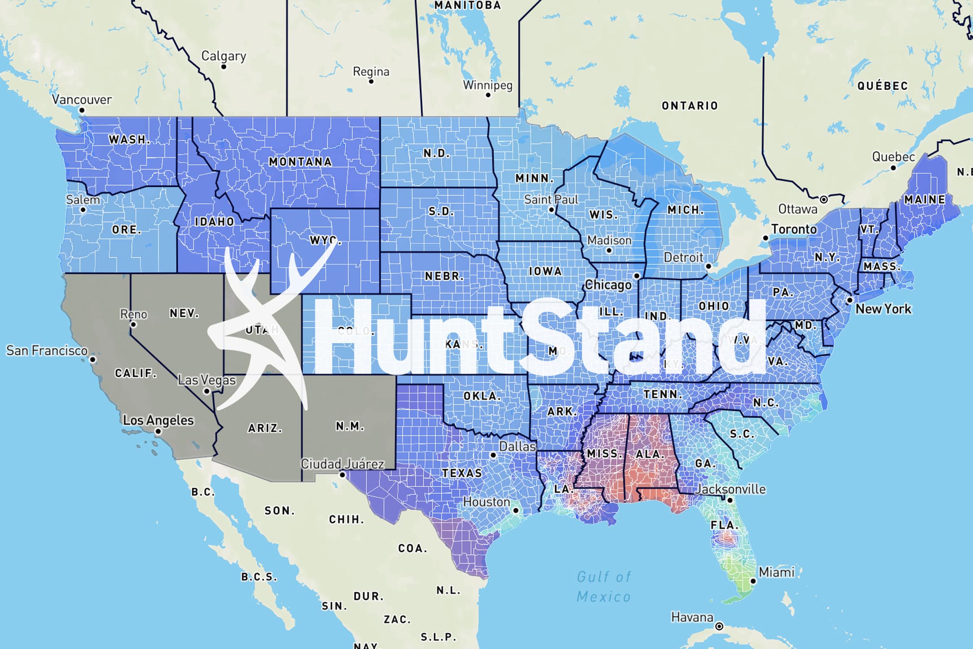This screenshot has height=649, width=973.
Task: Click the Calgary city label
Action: pyautogui.click(x=224, y=56)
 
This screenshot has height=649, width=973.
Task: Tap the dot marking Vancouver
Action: pyautogui.click(x=82, y=110)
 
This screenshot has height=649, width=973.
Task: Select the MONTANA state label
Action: pyautogui.click(x=300, y=162)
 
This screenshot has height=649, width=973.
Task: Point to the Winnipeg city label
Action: pyautogui.click(x=487, y=85)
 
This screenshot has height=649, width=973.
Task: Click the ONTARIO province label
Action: pyautogui.click(x=690, y=106)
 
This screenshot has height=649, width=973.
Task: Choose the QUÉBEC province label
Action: pyautogui.click(x=883, y=86)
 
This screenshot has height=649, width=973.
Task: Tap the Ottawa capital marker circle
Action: pyautogui.click(x=823, y=199)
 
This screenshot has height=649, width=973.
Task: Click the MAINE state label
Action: pyautogui.click(x=925, y=199)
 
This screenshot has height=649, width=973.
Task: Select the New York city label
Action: pyautogui.click(x=883, y=309)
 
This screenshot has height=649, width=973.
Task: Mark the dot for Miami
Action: pyautogui.click(x=753, y=581)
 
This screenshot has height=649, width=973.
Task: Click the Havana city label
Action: pyautogui.click(x=692, y=618)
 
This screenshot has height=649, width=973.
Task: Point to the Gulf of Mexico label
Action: pyautogui.click(x=604, y=586)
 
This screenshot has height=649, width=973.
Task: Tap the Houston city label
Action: pyautogui.click(x=486, y=502)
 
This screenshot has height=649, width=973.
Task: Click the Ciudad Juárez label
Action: pyautogui.click(x=342, y=464)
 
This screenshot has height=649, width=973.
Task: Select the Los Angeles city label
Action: pyautogui.click(x=158, y=420)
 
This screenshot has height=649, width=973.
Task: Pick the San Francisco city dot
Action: pyautogui.click(x=93, y=359)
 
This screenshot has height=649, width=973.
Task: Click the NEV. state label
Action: pyautogui.click(x=184, y=313)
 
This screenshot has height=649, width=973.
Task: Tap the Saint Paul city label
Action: pyautogui.click(x=551, y=199)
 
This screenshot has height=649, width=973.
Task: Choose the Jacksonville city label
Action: pyautogui.click(x=730, y=489)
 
